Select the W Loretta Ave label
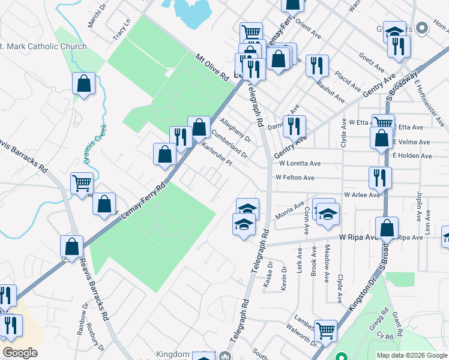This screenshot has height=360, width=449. tap(299, 163)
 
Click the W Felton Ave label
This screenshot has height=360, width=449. tap(295, 178)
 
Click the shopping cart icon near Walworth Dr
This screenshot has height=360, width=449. tap(325, 329)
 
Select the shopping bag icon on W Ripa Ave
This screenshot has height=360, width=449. tap(387, 227)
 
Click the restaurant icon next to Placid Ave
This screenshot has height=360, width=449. tap(317, 64)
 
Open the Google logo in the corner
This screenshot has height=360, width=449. tap(20, 353)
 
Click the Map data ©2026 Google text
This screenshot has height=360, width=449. tap(411, 355)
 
